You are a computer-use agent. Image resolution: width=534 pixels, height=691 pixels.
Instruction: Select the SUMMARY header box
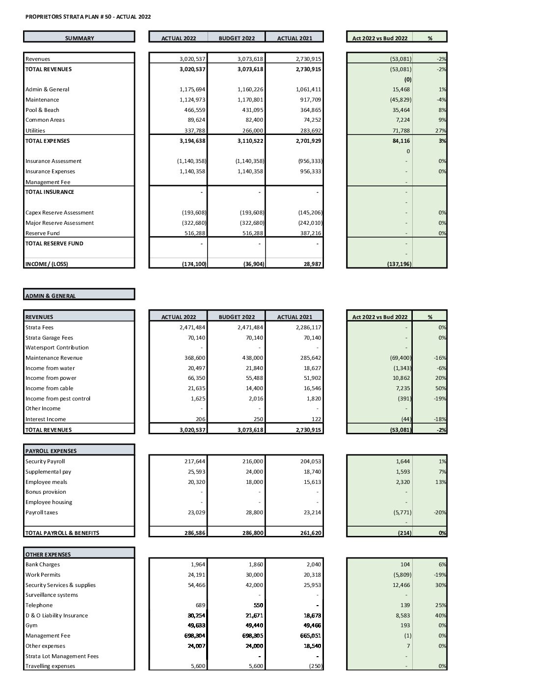[x=79, y=38]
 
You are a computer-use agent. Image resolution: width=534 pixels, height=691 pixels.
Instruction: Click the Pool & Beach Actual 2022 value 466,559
[x=195, y=110]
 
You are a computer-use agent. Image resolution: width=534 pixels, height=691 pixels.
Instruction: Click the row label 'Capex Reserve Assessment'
[x=59, y=213]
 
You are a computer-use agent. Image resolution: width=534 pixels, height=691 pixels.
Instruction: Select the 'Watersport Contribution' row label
[x=57, y=347]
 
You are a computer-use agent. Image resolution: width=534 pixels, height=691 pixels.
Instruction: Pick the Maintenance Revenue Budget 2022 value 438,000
[x=252, y=358]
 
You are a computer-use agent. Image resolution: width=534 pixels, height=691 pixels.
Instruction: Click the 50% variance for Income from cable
[x=440, y=388]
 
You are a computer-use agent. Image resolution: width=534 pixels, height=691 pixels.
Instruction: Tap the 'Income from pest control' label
[x=58, y=399]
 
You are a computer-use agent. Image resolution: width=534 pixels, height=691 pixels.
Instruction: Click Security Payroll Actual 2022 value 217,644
[x=195, y=461]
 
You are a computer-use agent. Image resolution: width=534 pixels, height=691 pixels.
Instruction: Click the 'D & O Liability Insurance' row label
[x=56, y=615]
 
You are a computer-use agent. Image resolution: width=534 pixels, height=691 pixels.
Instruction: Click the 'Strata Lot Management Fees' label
[x=62, y=656]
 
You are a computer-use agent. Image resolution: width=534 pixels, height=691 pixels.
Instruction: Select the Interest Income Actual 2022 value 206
[x=200, y=419]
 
